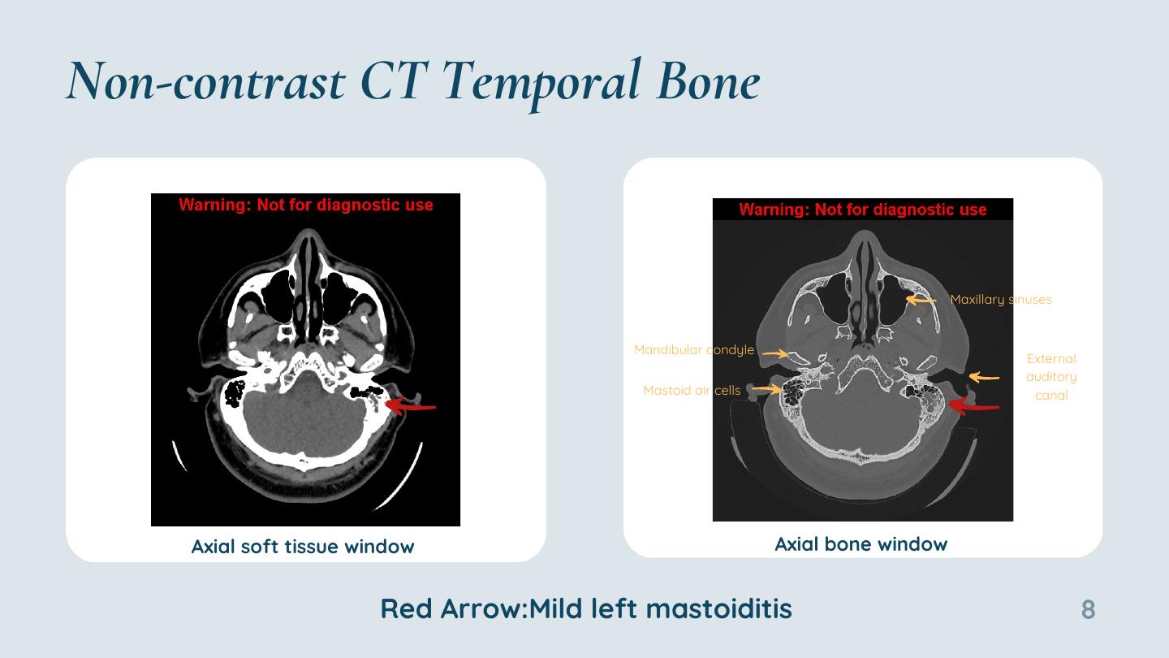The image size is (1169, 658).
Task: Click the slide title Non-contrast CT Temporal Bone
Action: click(x=413, y=83)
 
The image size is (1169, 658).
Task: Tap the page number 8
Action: click(x=1088, y=609)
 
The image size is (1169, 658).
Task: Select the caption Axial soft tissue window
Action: click(x=303, y=547)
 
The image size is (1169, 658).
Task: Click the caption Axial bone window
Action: click(x=861, y=544)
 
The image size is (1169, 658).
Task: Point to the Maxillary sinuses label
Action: click(x=1001, y=299)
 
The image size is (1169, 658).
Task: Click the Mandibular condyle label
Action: click(x=694, y=349)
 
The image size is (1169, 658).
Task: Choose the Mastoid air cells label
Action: click(x=692, y=390)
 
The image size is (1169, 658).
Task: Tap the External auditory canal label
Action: click(x=1051, y=377)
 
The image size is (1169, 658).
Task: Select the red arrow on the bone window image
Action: click(x=973, y=406)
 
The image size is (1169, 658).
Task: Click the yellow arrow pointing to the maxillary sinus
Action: click(x=921, y=300)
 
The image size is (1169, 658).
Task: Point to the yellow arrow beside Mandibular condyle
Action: click(x=775, y=353)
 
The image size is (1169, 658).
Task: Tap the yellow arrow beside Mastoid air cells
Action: click(x=766, y=388)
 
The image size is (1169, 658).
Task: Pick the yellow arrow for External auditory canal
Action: click(x=984, y=377)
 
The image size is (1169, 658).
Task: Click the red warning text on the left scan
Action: click(x=306, y=205)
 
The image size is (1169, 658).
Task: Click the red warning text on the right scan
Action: click(x=863, y=210)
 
